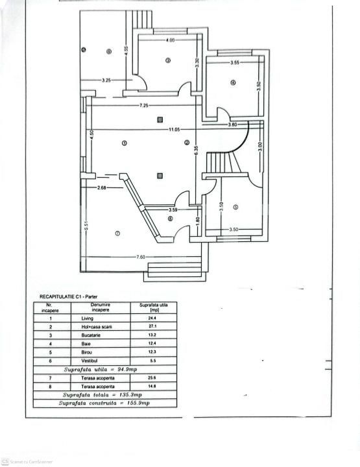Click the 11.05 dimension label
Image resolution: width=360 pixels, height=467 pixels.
(x=174, y=130)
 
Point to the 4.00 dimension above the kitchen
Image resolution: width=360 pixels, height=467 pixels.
(x=170, y=41)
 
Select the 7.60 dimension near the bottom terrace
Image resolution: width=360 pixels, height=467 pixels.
(x=140, y=257)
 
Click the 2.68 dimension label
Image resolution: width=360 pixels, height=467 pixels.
(x=102, y=188)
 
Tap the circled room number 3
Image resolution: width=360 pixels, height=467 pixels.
(x=167, y=61)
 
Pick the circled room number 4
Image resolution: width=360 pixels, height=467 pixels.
(x=232, y=82)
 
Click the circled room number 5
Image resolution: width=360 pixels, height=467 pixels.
(x=236, y=208)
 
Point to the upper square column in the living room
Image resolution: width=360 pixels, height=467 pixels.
(x=160, y=119)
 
